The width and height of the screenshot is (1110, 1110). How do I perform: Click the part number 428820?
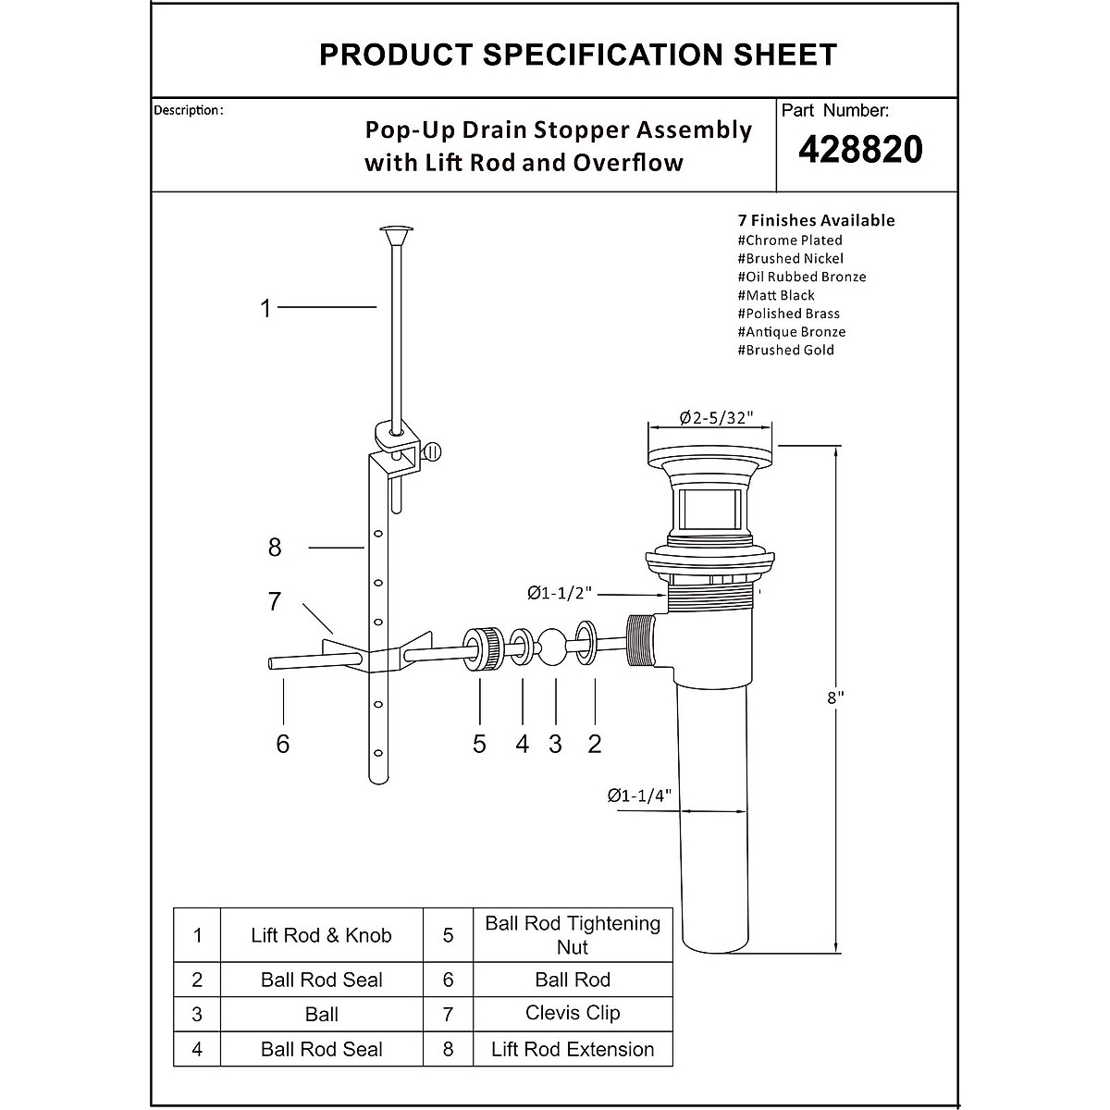point(860,149)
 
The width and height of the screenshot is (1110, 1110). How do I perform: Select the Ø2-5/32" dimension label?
point(712,418)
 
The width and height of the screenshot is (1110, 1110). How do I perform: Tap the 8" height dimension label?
point(835,699)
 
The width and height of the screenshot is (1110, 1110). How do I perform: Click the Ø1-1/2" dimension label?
point(560,592)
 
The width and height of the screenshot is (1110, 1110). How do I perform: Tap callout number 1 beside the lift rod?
point(266,309)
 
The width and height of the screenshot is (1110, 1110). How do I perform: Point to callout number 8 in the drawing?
point(274,548)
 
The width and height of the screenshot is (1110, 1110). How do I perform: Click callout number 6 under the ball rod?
point(283,744)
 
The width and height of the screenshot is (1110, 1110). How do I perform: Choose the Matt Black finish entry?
point(776,295)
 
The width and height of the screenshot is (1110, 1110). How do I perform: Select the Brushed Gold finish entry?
point(785,350)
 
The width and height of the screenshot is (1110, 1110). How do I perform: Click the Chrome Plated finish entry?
point(790,240)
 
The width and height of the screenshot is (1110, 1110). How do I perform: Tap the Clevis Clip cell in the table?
point(573,1013)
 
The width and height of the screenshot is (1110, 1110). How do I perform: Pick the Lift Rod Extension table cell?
point(573,1049)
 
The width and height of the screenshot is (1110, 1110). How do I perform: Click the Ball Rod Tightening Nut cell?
point(573,935)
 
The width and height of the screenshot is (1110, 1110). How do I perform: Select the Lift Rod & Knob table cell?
point(321,935)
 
